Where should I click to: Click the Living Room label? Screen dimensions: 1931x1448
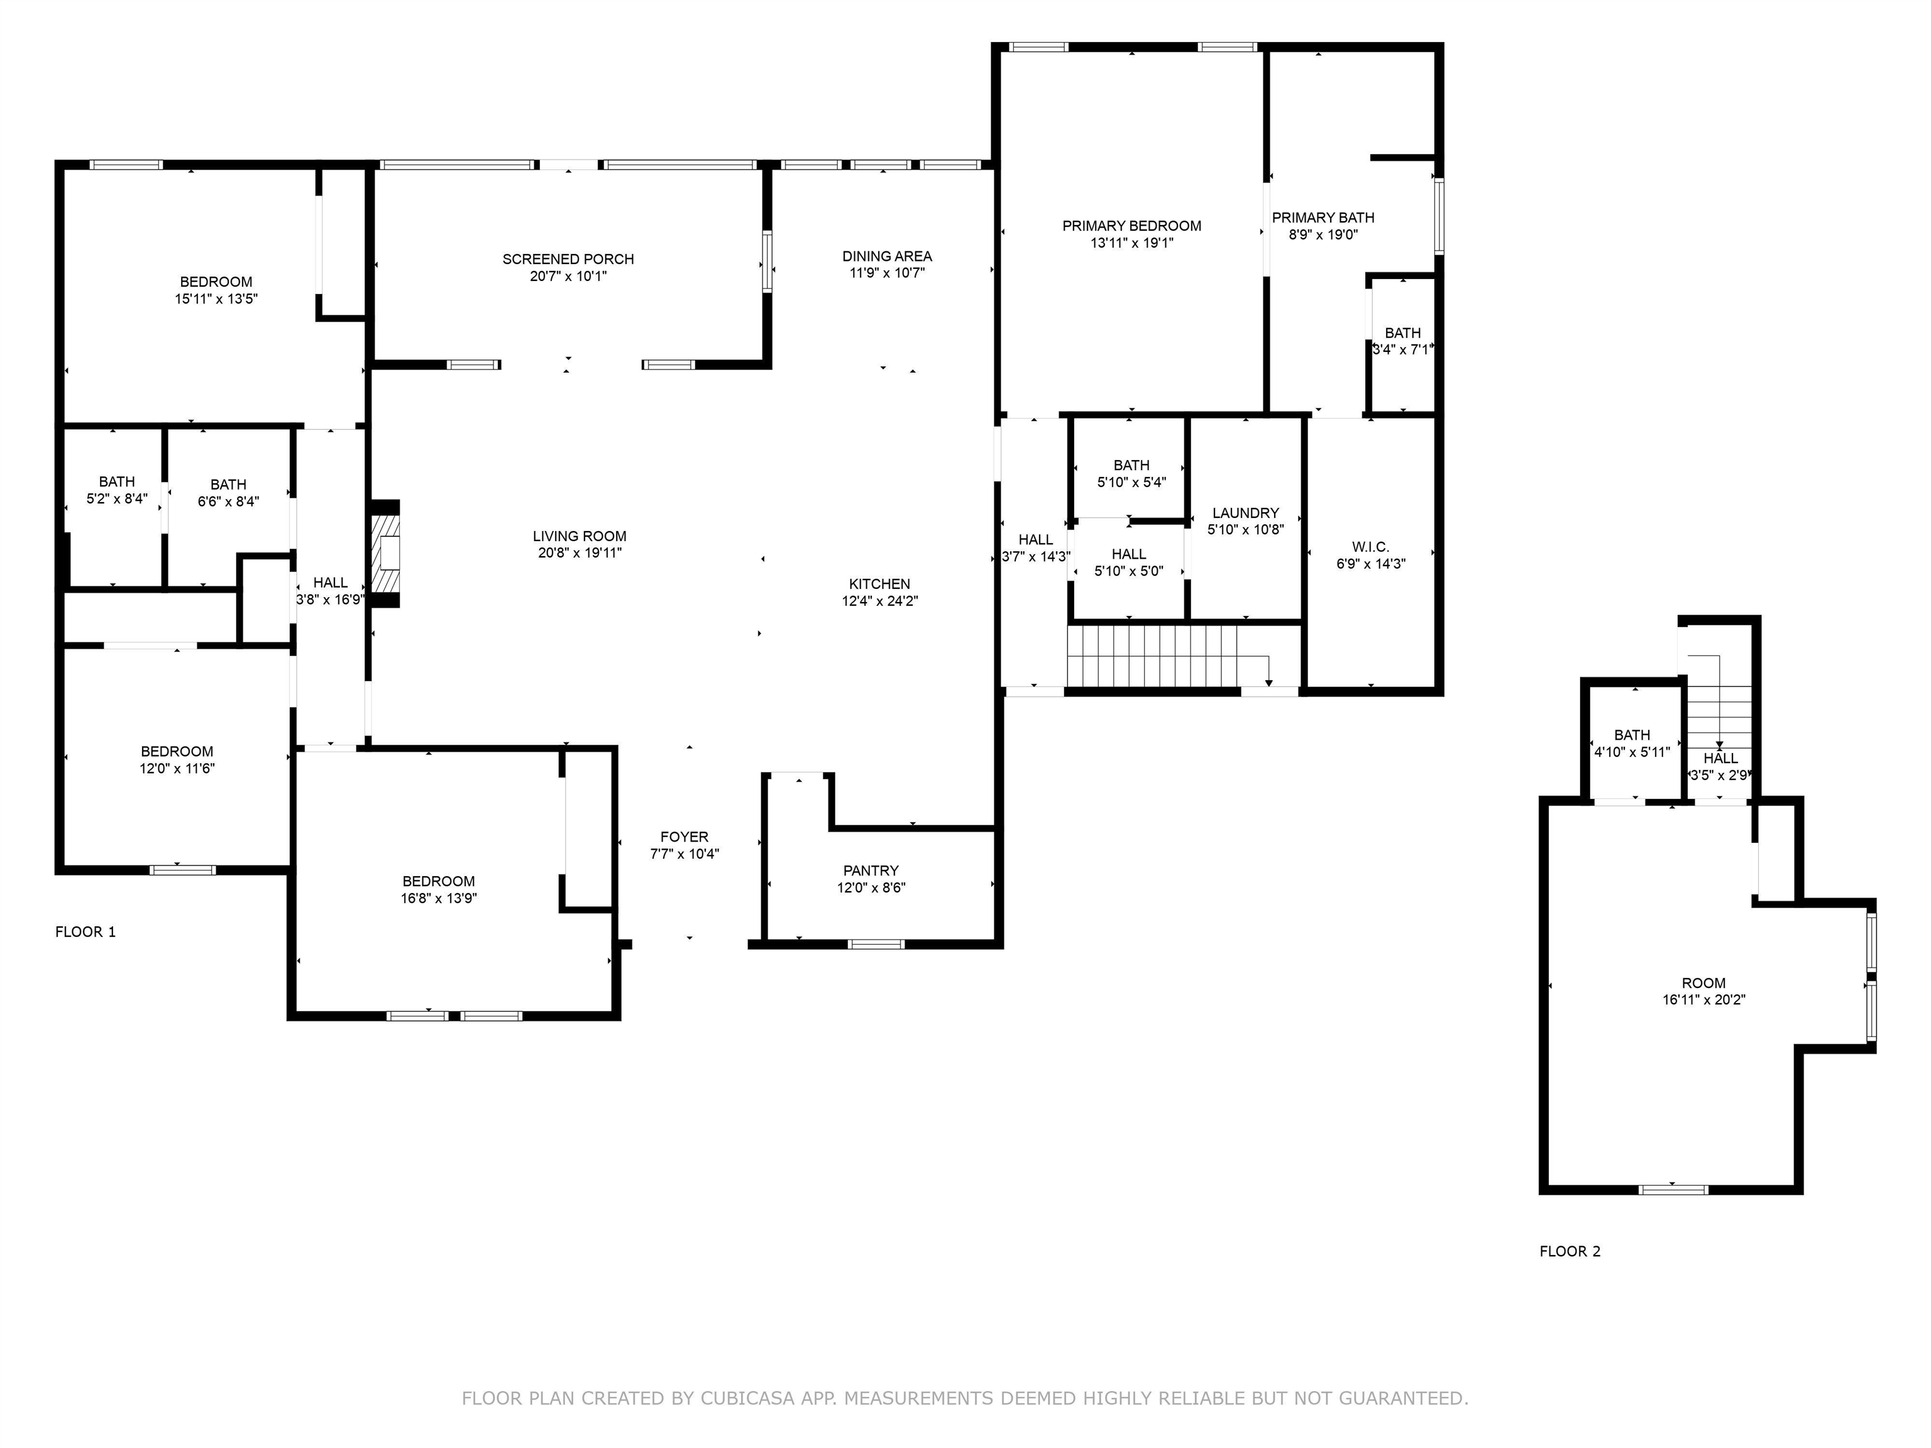(580, 537)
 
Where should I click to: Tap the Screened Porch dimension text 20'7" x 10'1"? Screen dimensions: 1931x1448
(568, 277)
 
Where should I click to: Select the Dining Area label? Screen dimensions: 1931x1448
(887, 256)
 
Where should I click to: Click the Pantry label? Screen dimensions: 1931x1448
(871, 871)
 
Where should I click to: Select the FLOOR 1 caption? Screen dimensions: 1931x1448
(85, 932)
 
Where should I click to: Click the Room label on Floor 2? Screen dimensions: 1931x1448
(1704, 984)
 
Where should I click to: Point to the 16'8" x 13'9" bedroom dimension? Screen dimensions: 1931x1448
(439, 899)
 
